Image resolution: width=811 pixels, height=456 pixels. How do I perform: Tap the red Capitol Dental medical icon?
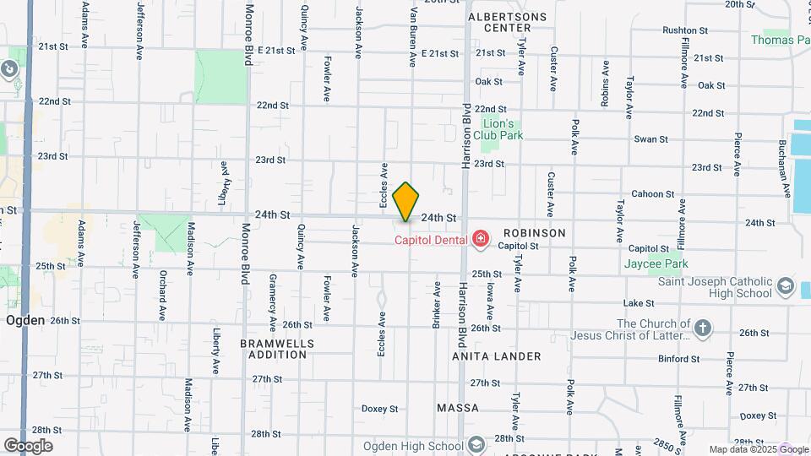(481, 240)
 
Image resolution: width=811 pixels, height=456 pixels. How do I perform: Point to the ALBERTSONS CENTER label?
(507, 22)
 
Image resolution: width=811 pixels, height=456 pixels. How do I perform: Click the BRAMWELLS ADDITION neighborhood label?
(277, 350)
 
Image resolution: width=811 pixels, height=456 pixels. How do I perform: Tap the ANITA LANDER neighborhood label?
(497, 356)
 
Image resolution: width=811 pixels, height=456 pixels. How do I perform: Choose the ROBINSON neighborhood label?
(535, 232)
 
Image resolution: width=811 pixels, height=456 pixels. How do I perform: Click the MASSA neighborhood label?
(458, 408)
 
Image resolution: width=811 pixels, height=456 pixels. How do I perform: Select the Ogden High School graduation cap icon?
(476, 445)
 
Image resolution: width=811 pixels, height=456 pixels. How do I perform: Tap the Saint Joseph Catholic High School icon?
(787, 285)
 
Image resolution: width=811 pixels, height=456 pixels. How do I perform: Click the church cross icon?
(703, 327)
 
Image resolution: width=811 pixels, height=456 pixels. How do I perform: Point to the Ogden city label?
(24, 321)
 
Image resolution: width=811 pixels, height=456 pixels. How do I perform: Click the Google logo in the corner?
(28, 446)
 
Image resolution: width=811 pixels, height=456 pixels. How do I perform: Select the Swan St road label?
(650, 139)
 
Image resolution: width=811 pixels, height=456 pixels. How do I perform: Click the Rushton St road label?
(683, 30)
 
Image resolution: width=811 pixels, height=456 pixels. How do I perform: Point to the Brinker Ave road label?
(438, 305)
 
